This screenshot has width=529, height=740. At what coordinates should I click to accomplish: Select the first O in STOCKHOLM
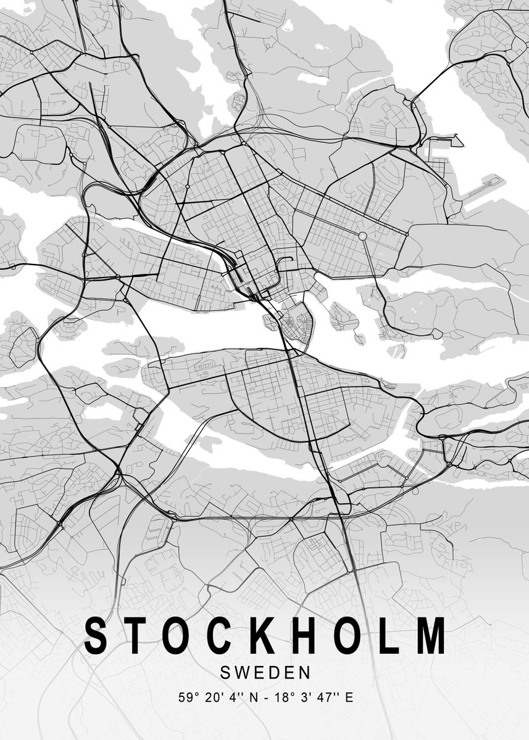click(x=179, y=635)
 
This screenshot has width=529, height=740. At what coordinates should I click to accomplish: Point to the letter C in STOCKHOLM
click(x=221, y=635)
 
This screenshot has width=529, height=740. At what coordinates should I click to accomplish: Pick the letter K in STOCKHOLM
click(x=264, y=635)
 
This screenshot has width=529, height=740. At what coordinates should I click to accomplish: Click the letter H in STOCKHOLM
click(x=306, y=635)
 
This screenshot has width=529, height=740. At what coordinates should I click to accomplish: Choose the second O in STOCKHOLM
click(x=349, y=635)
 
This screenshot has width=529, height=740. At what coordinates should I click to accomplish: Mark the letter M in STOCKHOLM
click(x=428, y=635)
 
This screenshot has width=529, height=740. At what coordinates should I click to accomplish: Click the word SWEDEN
click(x=265, y=670)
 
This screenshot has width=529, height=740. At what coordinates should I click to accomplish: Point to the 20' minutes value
click(x=209, y=698)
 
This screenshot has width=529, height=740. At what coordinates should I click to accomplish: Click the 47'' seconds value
click(x=323, y=698)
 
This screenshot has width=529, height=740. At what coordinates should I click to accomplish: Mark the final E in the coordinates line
click(x=349, y=698)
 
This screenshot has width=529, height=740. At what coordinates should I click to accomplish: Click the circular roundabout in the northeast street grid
click(x=363, y=236)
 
